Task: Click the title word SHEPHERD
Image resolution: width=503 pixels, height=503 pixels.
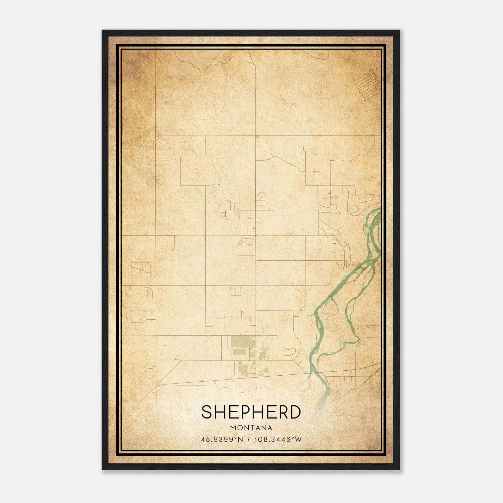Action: click(x=251, y=412)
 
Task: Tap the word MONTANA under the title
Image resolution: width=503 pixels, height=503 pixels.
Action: click(x=251, y=428)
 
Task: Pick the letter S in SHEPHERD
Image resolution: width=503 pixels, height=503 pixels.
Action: click(x=207, y=412)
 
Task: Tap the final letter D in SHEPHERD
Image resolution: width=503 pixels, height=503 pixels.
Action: click(x=295, y=412)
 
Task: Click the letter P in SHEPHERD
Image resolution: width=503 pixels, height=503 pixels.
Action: click(x=244, y=412)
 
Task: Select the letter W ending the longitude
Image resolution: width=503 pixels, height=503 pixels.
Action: click(x=298, y=439)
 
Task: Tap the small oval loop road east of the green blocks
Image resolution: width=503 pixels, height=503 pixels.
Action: click(x=290, y=351)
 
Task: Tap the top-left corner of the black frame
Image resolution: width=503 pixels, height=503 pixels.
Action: click(x=102, y=31)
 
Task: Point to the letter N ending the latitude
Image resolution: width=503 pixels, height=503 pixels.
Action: click(x=241, y=439)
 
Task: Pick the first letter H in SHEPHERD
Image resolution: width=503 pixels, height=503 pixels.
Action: click(x=219, y=412)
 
